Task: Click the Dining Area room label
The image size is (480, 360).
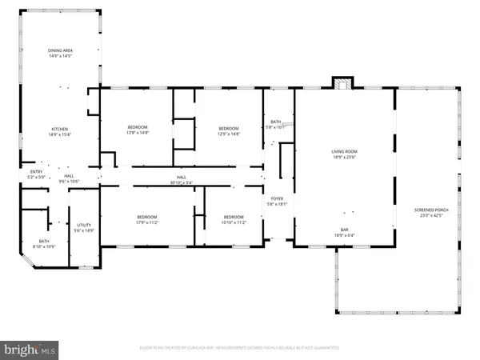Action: (x=60, y=50)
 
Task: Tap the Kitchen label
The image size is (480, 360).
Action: (x=60, y=129)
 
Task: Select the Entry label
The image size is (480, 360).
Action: (x=37, y=171)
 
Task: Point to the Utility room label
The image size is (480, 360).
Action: (x=84, y=226)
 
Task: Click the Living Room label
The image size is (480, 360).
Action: (x=345, y=151)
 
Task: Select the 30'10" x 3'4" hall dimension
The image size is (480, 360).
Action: (x=182, y=183)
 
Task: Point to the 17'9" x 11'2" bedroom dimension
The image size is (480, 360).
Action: (x=146, y=222)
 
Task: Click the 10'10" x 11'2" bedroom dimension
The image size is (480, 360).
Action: (x=234, y=222)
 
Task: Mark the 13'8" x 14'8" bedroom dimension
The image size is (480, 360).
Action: (x=138, y=134)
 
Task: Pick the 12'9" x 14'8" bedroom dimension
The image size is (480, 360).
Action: (x=230, y=134)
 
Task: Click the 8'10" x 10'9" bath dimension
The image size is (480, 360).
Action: (x=44, y=246)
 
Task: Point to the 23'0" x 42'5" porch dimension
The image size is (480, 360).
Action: (x=430, y=215)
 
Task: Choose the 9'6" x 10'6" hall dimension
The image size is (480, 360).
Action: (x=70, y=182)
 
